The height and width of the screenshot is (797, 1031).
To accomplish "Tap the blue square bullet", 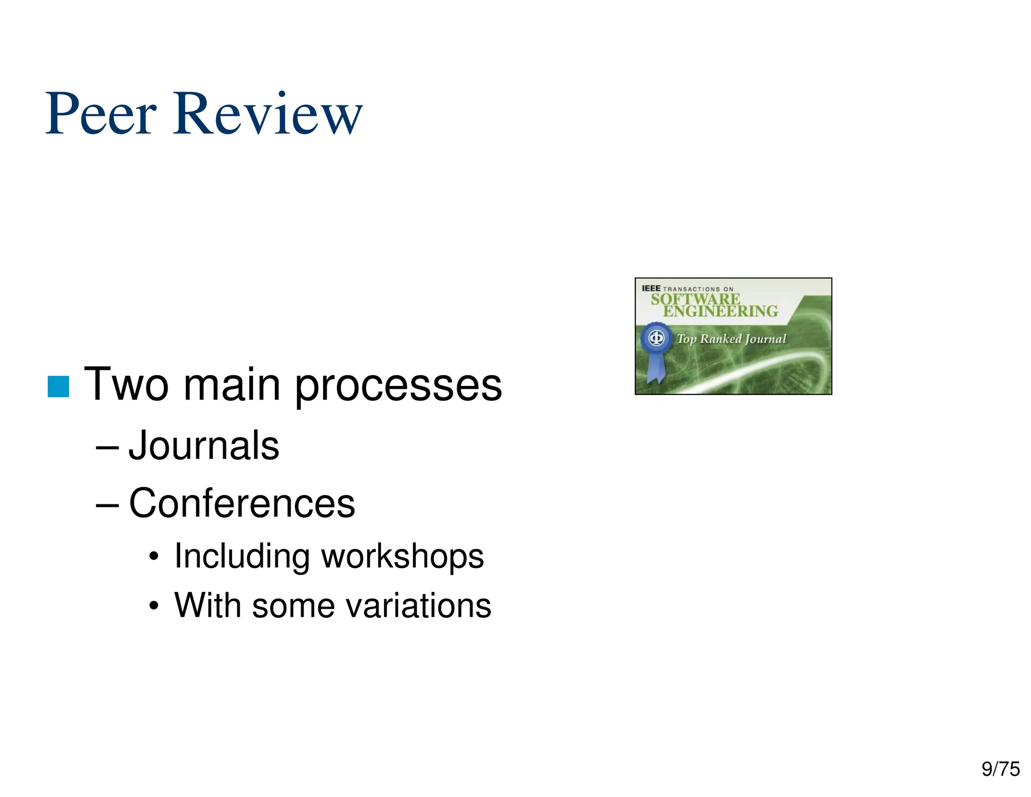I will coord(58,386).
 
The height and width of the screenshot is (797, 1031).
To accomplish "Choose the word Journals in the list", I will coord(204,445).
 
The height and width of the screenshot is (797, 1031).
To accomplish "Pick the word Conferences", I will coord(242,503).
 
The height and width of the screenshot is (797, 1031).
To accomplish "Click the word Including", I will coord(241,557).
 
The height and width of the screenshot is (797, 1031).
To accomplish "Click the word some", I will coord(293,605).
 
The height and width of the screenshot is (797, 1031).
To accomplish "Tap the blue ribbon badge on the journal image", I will coord(655,348).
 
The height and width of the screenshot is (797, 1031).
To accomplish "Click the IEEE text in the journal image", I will coord(651,289).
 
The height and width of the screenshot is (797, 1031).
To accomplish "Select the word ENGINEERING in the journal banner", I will coord(720,311).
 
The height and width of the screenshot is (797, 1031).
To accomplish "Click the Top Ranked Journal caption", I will coord(731,339).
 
